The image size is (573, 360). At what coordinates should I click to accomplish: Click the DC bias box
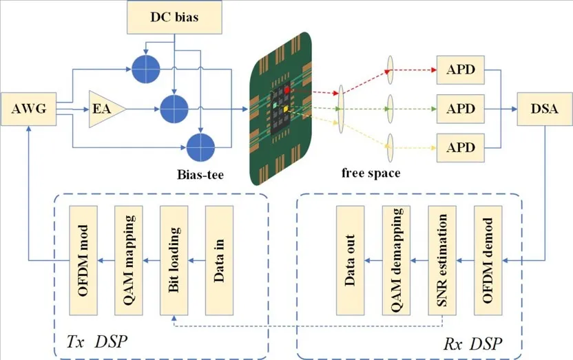(x=174, y=17)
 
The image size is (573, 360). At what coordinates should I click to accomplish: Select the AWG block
(x=29, y=109)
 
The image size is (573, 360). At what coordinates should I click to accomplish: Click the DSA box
(x=545, y=109)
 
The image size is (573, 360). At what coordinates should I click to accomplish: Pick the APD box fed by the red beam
(x=461, y=70)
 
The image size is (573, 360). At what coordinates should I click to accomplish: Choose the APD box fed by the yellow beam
(x=461, y=148)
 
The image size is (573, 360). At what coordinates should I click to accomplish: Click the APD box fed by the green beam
(x=461, y=109)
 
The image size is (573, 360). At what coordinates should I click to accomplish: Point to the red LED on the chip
(x=287, y=89)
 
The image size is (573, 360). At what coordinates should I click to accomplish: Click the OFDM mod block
(x=83, y=260)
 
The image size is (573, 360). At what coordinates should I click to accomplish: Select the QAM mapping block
(x=129, y=260)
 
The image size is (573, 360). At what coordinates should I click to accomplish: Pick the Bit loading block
(x=174, y=260)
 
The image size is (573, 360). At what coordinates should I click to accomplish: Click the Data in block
(x=219, y=260)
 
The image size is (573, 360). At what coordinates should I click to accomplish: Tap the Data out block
(x=350, y=260)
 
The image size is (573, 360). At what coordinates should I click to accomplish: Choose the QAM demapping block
(x=396, y=260)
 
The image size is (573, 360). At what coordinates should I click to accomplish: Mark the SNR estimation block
(x=442, y=260)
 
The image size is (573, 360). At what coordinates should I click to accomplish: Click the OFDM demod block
(x=488, y=260)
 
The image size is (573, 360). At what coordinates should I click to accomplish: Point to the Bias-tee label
(x=200, y=175)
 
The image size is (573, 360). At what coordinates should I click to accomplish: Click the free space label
(x=371, y=173)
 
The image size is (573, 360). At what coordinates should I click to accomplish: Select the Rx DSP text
(x=472, y=344)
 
